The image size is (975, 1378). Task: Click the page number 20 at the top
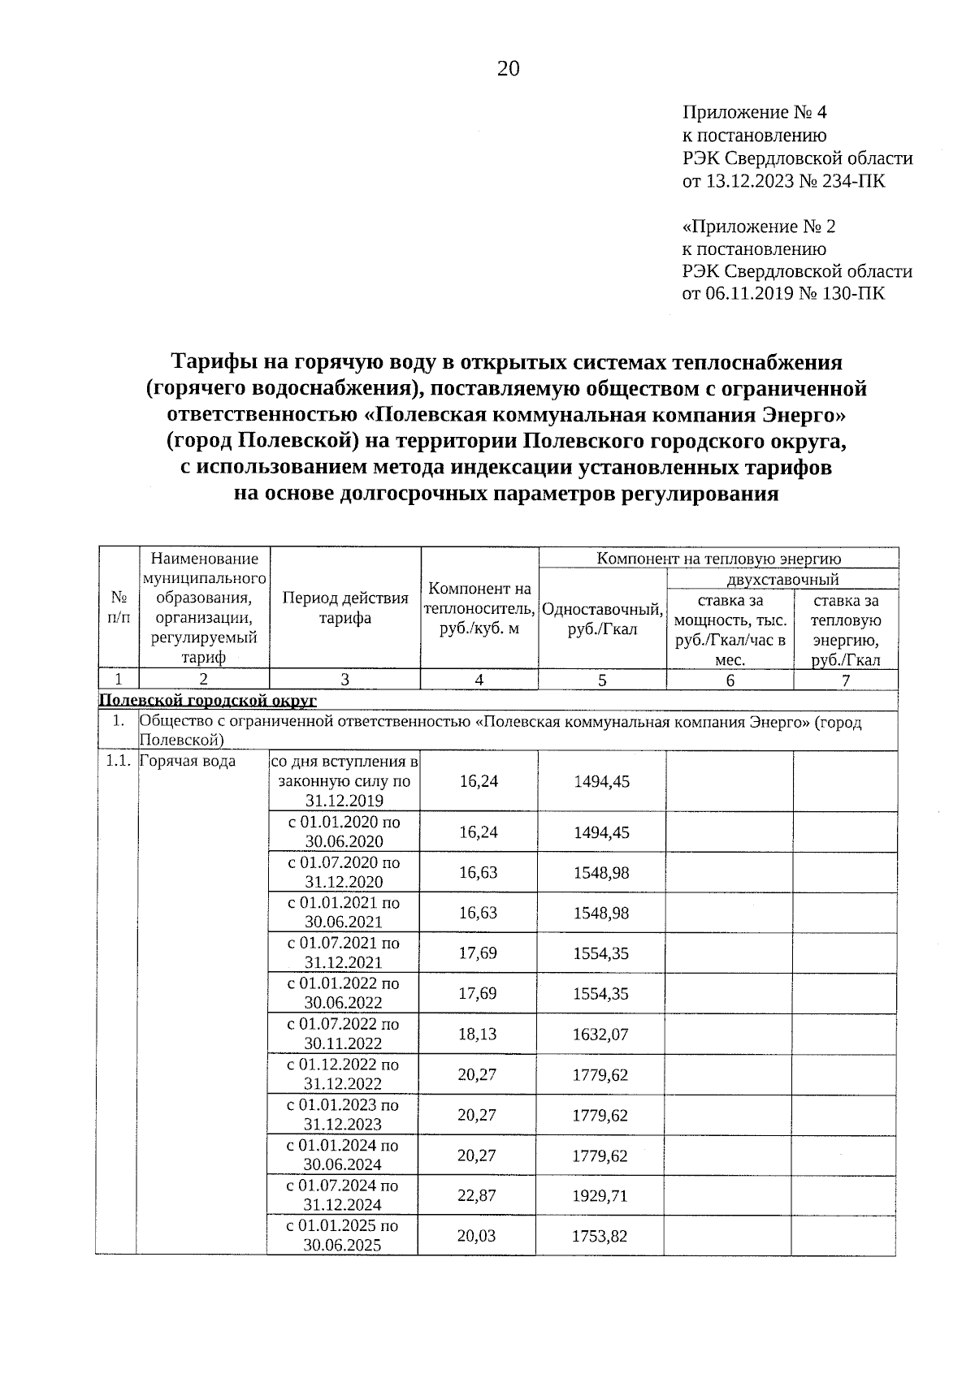508,69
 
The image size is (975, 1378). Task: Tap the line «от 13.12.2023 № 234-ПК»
783,181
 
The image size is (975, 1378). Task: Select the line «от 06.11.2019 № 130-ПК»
783,294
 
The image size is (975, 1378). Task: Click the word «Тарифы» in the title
213,362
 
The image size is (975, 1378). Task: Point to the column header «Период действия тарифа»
344,608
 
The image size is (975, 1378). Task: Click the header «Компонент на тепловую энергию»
718,558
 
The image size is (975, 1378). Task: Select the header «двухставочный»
782,579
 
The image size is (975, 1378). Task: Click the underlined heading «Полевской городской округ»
207,700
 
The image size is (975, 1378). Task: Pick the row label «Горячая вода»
188,761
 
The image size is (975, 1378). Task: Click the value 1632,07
600,1035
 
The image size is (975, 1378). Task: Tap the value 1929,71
600,1196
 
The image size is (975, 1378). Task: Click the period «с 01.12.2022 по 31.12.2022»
344,1074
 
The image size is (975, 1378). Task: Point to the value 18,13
478,1035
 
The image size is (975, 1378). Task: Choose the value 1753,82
600,1236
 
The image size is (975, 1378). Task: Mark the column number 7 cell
846,680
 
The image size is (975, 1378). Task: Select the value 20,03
477,1236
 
